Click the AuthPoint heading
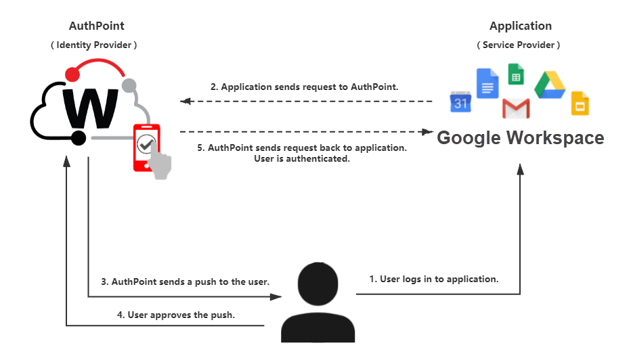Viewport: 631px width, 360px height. [x=97, y=26]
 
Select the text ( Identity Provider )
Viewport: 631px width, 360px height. [x=93, y=45]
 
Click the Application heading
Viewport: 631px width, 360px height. [x=521, y=26]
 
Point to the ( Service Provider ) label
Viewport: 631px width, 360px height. [x=519, y=45]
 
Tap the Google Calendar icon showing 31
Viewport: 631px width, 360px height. [x=460, y=102]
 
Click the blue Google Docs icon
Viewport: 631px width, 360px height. [x=487, y=83]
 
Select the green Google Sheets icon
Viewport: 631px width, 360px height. [x=516, y=74]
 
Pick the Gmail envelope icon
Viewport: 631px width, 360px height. [x=516, y=108]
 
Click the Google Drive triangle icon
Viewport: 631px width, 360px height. [x=550, y=85]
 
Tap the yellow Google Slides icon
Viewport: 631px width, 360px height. [x=580, y=104]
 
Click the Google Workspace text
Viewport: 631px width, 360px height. [x=521, y=138]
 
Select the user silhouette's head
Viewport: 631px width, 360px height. [x=318, y=284]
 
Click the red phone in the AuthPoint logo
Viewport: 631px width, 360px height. [x=147, y=148]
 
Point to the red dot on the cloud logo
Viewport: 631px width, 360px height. [x=72, y=74]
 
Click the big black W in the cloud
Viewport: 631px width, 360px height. [x=91, y=108]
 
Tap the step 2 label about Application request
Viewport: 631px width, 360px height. [x=304, y=87]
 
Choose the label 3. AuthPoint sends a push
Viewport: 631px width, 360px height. [x=185, y=282]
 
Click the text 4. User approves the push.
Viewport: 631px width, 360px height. [x=176, y=315]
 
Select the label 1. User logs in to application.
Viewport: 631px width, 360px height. [x=434, y=279]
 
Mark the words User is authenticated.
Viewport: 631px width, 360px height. [x=302, y=159]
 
